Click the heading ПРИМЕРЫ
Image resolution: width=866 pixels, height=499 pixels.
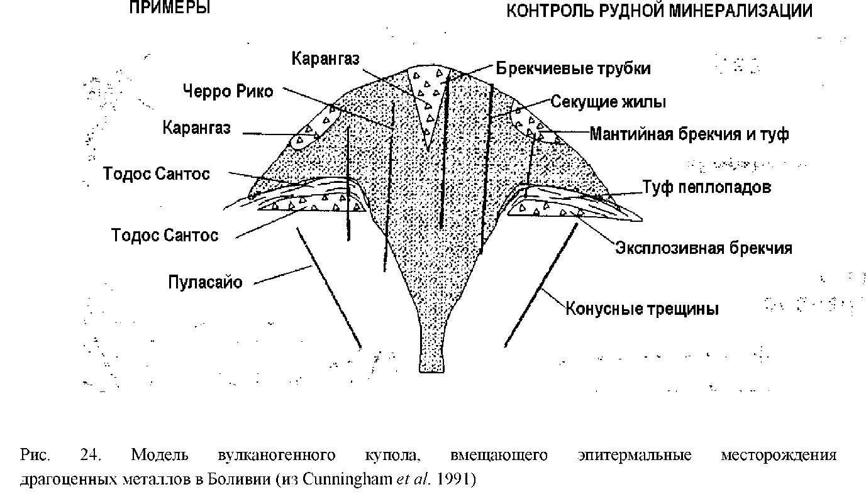coord(169,9)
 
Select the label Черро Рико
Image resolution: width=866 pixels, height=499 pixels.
coord(228,91)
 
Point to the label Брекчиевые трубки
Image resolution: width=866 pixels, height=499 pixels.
coord(573,68)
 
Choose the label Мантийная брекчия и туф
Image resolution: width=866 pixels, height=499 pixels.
coord(689,134)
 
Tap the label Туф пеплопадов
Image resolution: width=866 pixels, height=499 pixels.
coord(706,187)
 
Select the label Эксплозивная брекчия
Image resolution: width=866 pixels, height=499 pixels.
coord(702,248)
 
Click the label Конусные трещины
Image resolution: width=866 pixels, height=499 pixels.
coord(642,309)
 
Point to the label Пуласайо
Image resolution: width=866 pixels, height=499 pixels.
coord(205,282)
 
